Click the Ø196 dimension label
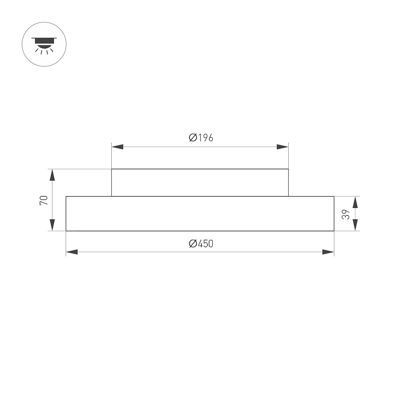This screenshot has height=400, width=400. (x=201, y=138)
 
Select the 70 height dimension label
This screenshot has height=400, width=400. (x=44, y=200)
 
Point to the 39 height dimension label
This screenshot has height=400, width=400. (x=346, y=214)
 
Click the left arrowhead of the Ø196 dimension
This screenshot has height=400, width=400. (x=117, y=147)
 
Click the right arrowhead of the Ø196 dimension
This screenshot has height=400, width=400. (x=283, y=147)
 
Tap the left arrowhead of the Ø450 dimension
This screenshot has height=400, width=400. (x=72, y=252)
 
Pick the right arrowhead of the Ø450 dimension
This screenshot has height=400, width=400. (x=328, y=252)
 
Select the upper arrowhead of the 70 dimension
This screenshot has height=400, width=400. (x=52, y=175)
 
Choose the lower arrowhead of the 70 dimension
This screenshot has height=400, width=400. (x=52, y=225)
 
